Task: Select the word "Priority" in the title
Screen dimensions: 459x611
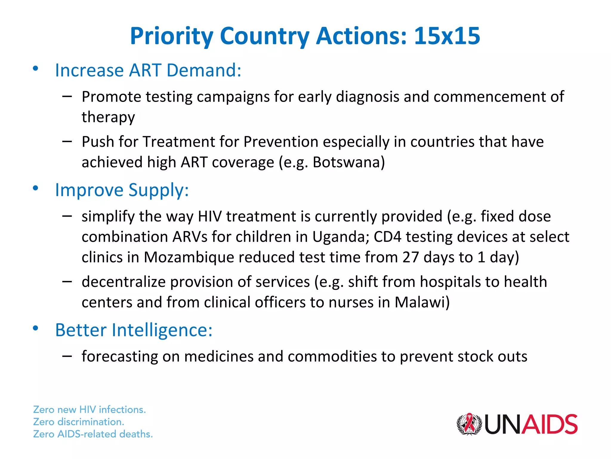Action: click(x=172, y=37)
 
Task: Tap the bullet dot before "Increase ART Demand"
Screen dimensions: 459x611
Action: click(x=36, y=68)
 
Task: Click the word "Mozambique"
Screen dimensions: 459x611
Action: click(x=189, y=257)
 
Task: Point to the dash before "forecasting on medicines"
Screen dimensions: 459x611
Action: click(x=67, y=356)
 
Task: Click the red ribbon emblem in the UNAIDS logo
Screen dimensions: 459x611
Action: click(x=469, y=424)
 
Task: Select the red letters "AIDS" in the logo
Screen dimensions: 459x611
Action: click(x=550, y=424)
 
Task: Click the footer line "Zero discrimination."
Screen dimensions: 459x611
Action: click(x=78, y=422)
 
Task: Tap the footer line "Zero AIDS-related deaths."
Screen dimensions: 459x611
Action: click(x=93, y=434)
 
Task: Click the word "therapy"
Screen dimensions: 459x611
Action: click(x=108, y=117)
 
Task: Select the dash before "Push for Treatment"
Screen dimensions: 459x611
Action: click(x=67, y=141)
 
